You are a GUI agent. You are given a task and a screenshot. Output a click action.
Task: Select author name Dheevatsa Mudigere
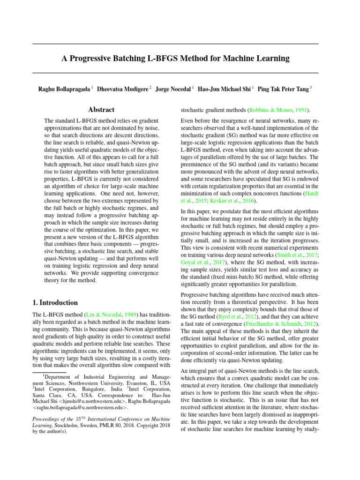tap(123, 88)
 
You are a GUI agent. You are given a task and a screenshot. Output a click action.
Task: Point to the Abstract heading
tap(102, 110)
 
